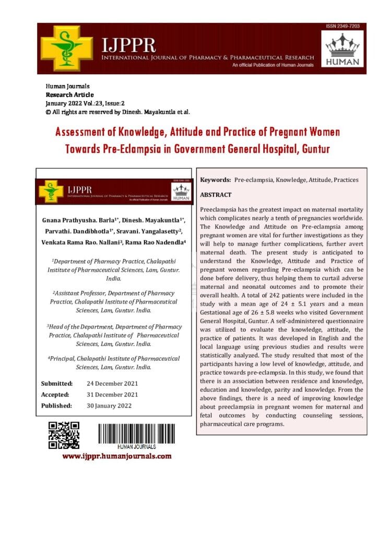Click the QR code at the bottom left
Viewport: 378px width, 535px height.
click(64, 435)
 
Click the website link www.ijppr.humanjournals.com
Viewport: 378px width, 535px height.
click(117, 456)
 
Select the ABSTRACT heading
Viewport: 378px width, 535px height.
click(216, 194)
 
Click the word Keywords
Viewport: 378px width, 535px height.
click(215, 180)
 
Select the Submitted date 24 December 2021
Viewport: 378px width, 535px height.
click(112, 383)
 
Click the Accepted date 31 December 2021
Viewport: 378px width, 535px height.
click(112, 394)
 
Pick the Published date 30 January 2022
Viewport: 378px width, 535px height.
click(109, 405)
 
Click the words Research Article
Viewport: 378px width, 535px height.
click(69, 95)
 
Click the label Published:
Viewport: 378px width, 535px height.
click(57, 405)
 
